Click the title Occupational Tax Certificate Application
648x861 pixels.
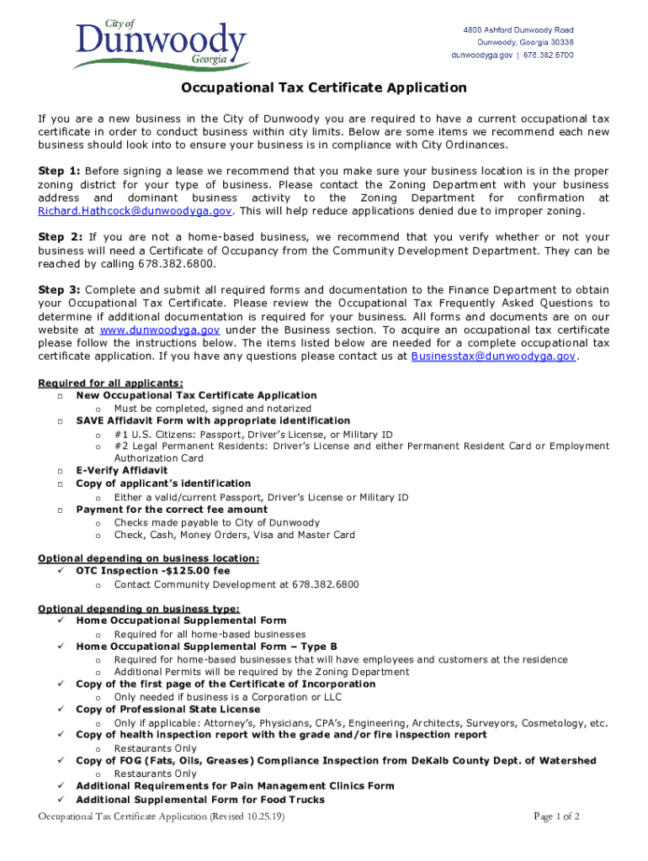(x=324, y=87)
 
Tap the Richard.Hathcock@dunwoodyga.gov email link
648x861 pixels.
(x=134, y=210)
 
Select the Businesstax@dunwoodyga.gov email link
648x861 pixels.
(x=493, y=356)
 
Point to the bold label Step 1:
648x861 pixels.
(x=59, y=171)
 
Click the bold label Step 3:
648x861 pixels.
(x=59, y=290)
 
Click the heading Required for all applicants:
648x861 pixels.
(x=110, y=383)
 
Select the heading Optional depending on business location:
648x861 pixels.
(x=148, y=558)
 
